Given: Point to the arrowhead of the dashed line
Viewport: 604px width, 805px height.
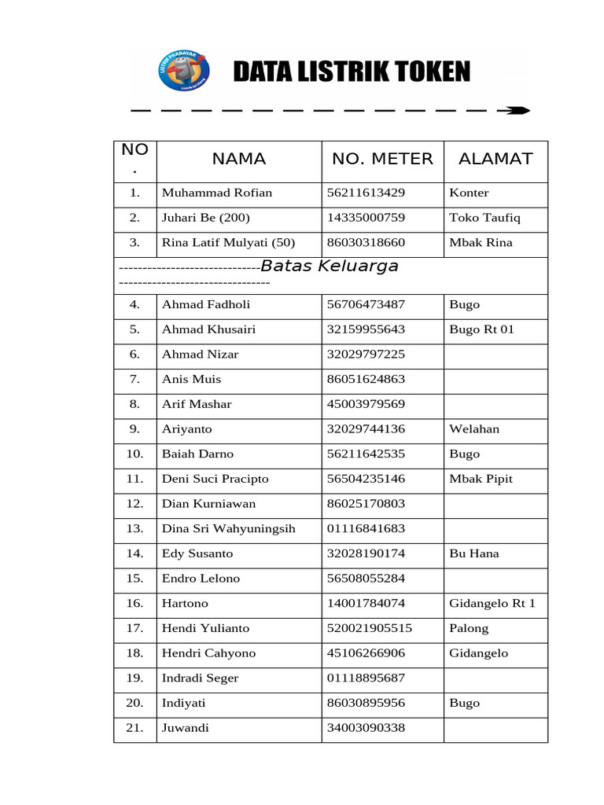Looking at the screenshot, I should (517, 111).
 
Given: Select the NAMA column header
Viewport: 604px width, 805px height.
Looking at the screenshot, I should (239, 159).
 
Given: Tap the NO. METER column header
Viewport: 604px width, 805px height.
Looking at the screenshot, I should (382, 159).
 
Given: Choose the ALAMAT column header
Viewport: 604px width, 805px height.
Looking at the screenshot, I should (495, 159).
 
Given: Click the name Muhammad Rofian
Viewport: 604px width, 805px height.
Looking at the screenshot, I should (217, 193).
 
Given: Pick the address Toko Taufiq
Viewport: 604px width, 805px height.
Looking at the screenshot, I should (484, 218).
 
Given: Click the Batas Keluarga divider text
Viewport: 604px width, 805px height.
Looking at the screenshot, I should (330, 266).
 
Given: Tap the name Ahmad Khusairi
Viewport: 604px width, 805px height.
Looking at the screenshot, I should (208, 329).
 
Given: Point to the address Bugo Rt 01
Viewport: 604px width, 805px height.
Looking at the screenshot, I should (481, 329).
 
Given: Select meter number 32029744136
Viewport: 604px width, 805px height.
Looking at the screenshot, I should (366, 429).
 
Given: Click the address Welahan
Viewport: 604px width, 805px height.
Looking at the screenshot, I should (474, 429).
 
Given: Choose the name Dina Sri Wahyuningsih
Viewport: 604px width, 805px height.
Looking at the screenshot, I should (228, 529).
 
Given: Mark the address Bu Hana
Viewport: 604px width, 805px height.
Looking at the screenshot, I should (473, 553).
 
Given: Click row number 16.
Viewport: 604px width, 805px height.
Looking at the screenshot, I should (134, 604).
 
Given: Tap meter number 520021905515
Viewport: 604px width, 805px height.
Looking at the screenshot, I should (369, 628).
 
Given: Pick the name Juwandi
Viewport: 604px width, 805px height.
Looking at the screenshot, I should (186, 728).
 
